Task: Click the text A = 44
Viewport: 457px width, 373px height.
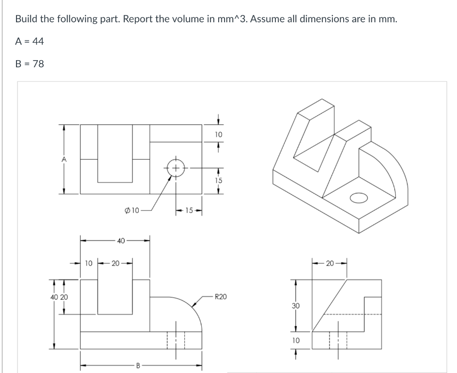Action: (29, 41)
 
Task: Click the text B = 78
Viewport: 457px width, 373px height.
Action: (29, 64)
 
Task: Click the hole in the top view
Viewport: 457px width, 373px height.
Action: (176, 169)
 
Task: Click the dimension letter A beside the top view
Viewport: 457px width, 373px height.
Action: (64, 159)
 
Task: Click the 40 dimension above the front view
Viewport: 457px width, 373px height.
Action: (120, 241)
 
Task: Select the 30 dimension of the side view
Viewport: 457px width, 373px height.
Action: (295, 306)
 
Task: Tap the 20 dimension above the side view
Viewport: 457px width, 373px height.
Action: (329, 263)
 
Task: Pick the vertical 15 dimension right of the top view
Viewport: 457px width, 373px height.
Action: (218, 180)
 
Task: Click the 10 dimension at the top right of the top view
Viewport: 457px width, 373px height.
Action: (218, 134)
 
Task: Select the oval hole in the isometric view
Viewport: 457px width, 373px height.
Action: (359, 197)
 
